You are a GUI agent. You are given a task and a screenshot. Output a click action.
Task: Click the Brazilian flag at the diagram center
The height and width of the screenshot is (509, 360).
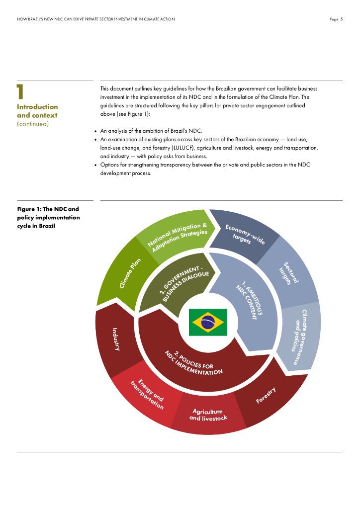click(208, 322)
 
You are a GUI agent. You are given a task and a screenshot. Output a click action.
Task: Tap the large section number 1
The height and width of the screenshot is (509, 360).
click(20, 92)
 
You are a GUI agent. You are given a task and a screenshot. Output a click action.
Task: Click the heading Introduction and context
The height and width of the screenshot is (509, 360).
click(37, 111)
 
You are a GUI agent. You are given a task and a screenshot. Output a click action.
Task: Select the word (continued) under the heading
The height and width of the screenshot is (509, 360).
click(33, 124)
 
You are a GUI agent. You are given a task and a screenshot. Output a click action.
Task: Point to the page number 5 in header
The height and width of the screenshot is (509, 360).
click(342, 19)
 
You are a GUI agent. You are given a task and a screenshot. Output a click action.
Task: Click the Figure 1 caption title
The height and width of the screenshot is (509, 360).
click(48, 217)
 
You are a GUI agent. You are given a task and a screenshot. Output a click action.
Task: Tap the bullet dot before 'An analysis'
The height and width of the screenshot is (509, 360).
click(95, 131)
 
